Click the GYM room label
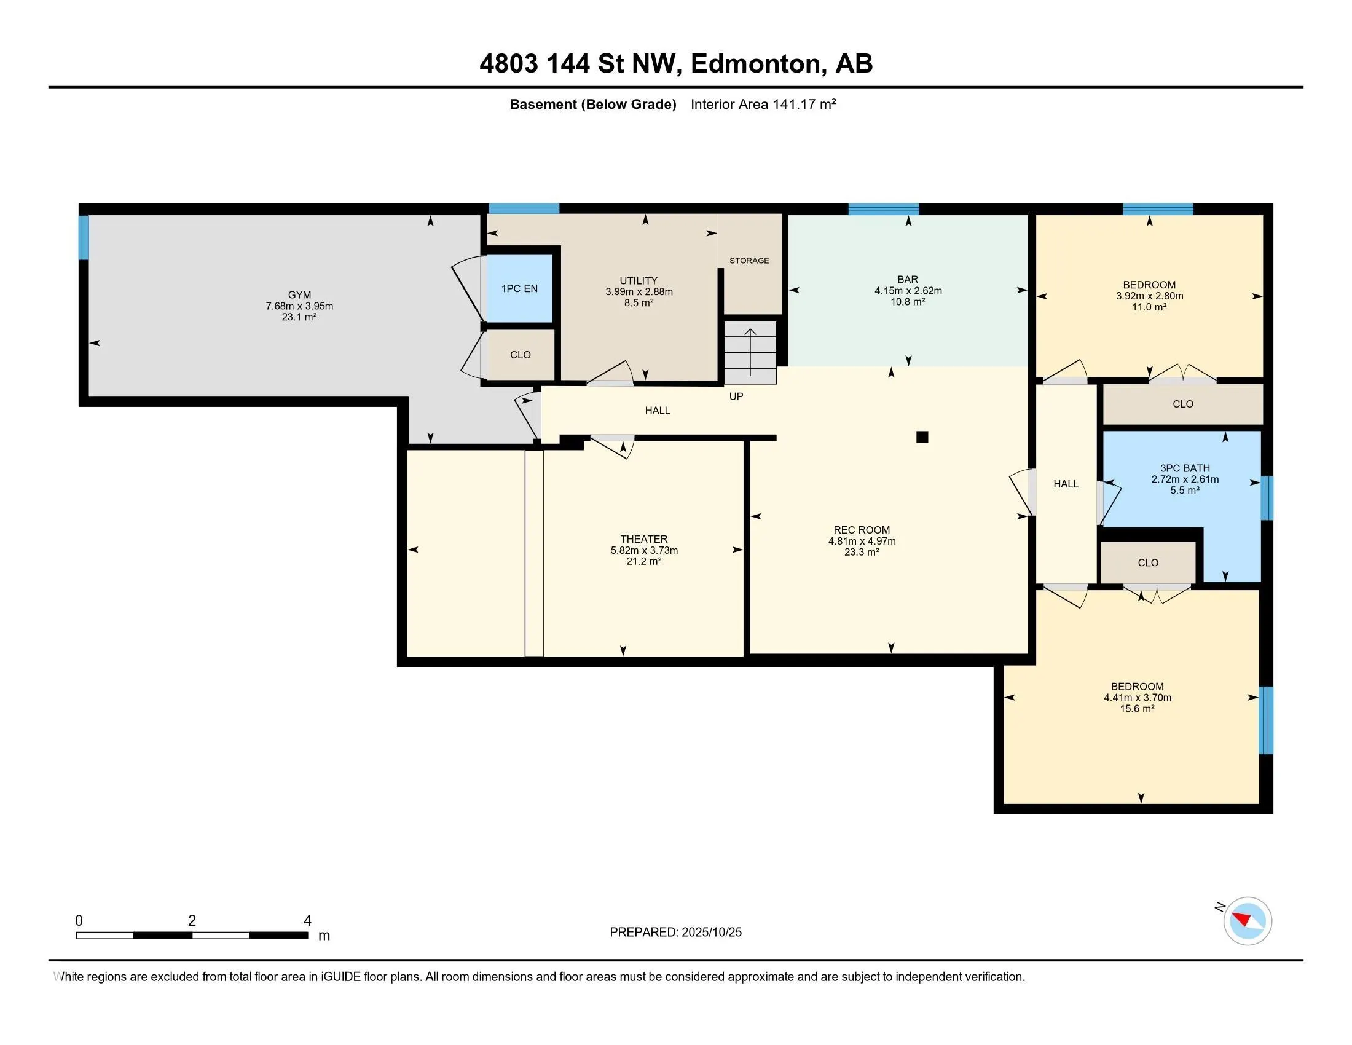(x=300, y=294)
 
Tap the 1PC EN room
(x=519, y=288)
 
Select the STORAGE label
(x=749, y=261)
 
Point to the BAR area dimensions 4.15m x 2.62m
(x=908, y=290)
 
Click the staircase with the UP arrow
(x=750, y=352)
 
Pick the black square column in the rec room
(x=922, y=437)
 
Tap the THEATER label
(x=644, y=539)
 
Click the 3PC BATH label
(x=1185, y=468)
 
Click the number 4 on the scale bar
(x=307, y=920)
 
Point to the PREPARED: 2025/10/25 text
(x=675, y=932)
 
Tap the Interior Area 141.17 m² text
(x=763, y=104)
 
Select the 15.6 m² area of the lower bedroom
(x=1137, y=708)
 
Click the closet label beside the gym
(x=520, y=355)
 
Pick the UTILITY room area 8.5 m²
(x=639, y=302)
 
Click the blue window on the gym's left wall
(x=84, y=237)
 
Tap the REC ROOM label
(x=862, y=530)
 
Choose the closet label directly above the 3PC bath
(x=1182, y=404)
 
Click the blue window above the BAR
(x=883, y=209)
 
